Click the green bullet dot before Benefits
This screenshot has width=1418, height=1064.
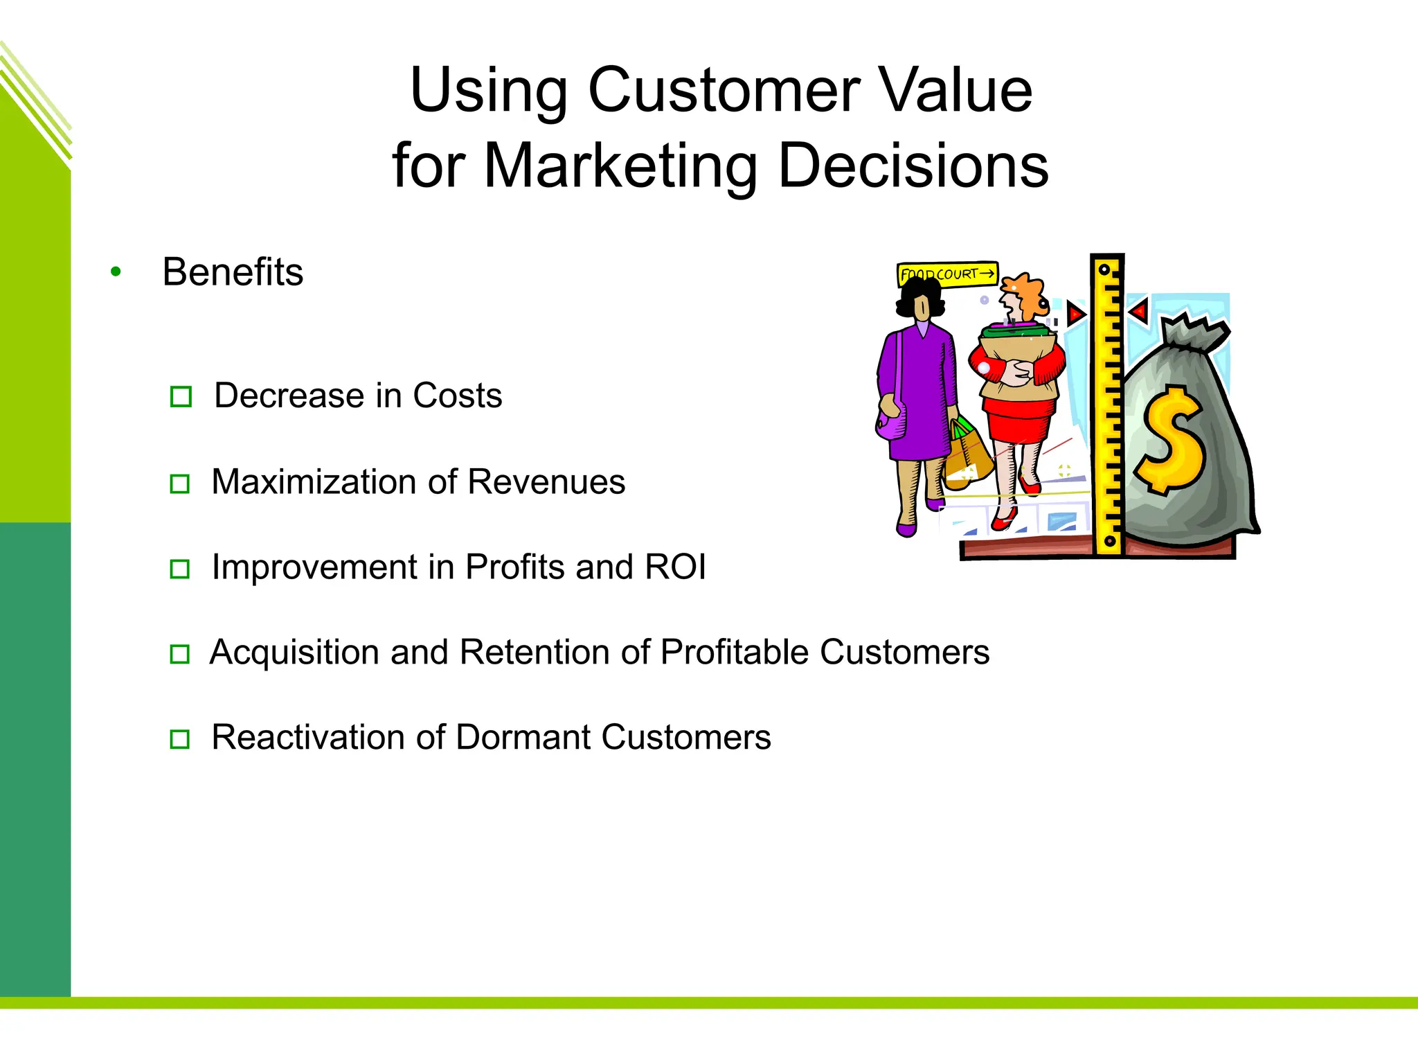[116, 272]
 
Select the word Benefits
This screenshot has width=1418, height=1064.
[233, 272]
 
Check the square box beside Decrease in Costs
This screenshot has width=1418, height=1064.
[181, 397]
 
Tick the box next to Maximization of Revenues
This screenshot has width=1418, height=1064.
[180, 484]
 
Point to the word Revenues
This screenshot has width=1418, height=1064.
[546, 482]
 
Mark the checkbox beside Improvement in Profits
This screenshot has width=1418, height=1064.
[180, 569]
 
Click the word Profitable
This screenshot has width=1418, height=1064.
[734, 653]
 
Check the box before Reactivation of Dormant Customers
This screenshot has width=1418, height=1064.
[180, 739]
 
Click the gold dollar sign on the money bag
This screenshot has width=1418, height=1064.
[1170, 441]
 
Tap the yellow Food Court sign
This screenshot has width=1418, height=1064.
[947, 274]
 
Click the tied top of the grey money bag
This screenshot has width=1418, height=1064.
[1192, 334]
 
